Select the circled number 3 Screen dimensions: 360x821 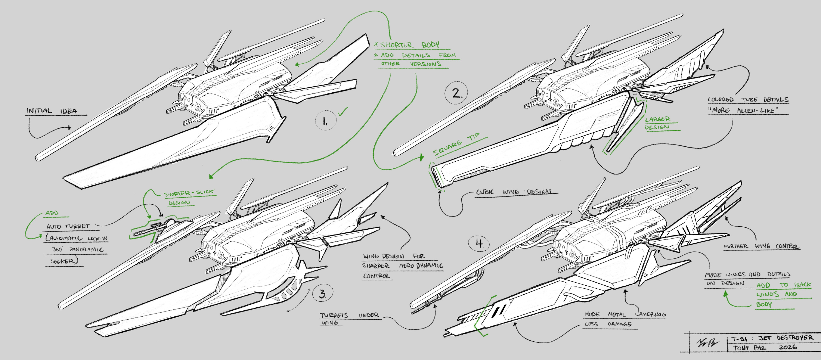(323, 293)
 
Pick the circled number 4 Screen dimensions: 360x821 (479, 244)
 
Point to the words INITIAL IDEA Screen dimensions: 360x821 (52, 111)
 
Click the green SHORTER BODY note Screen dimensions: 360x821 (410, 45)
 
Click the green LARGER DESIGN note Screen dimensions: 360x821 (657, 123)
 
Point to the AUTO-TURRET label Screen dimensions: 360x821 (68, 226)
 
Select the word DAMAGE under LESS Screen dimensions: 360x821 (619, 324)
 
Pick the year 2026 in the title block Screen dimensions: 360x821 (788, 347)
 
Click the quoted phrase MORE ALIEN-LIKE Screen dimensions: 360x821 (743, 110)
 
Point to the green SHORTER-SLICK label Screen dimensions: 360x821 (189, 193)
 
